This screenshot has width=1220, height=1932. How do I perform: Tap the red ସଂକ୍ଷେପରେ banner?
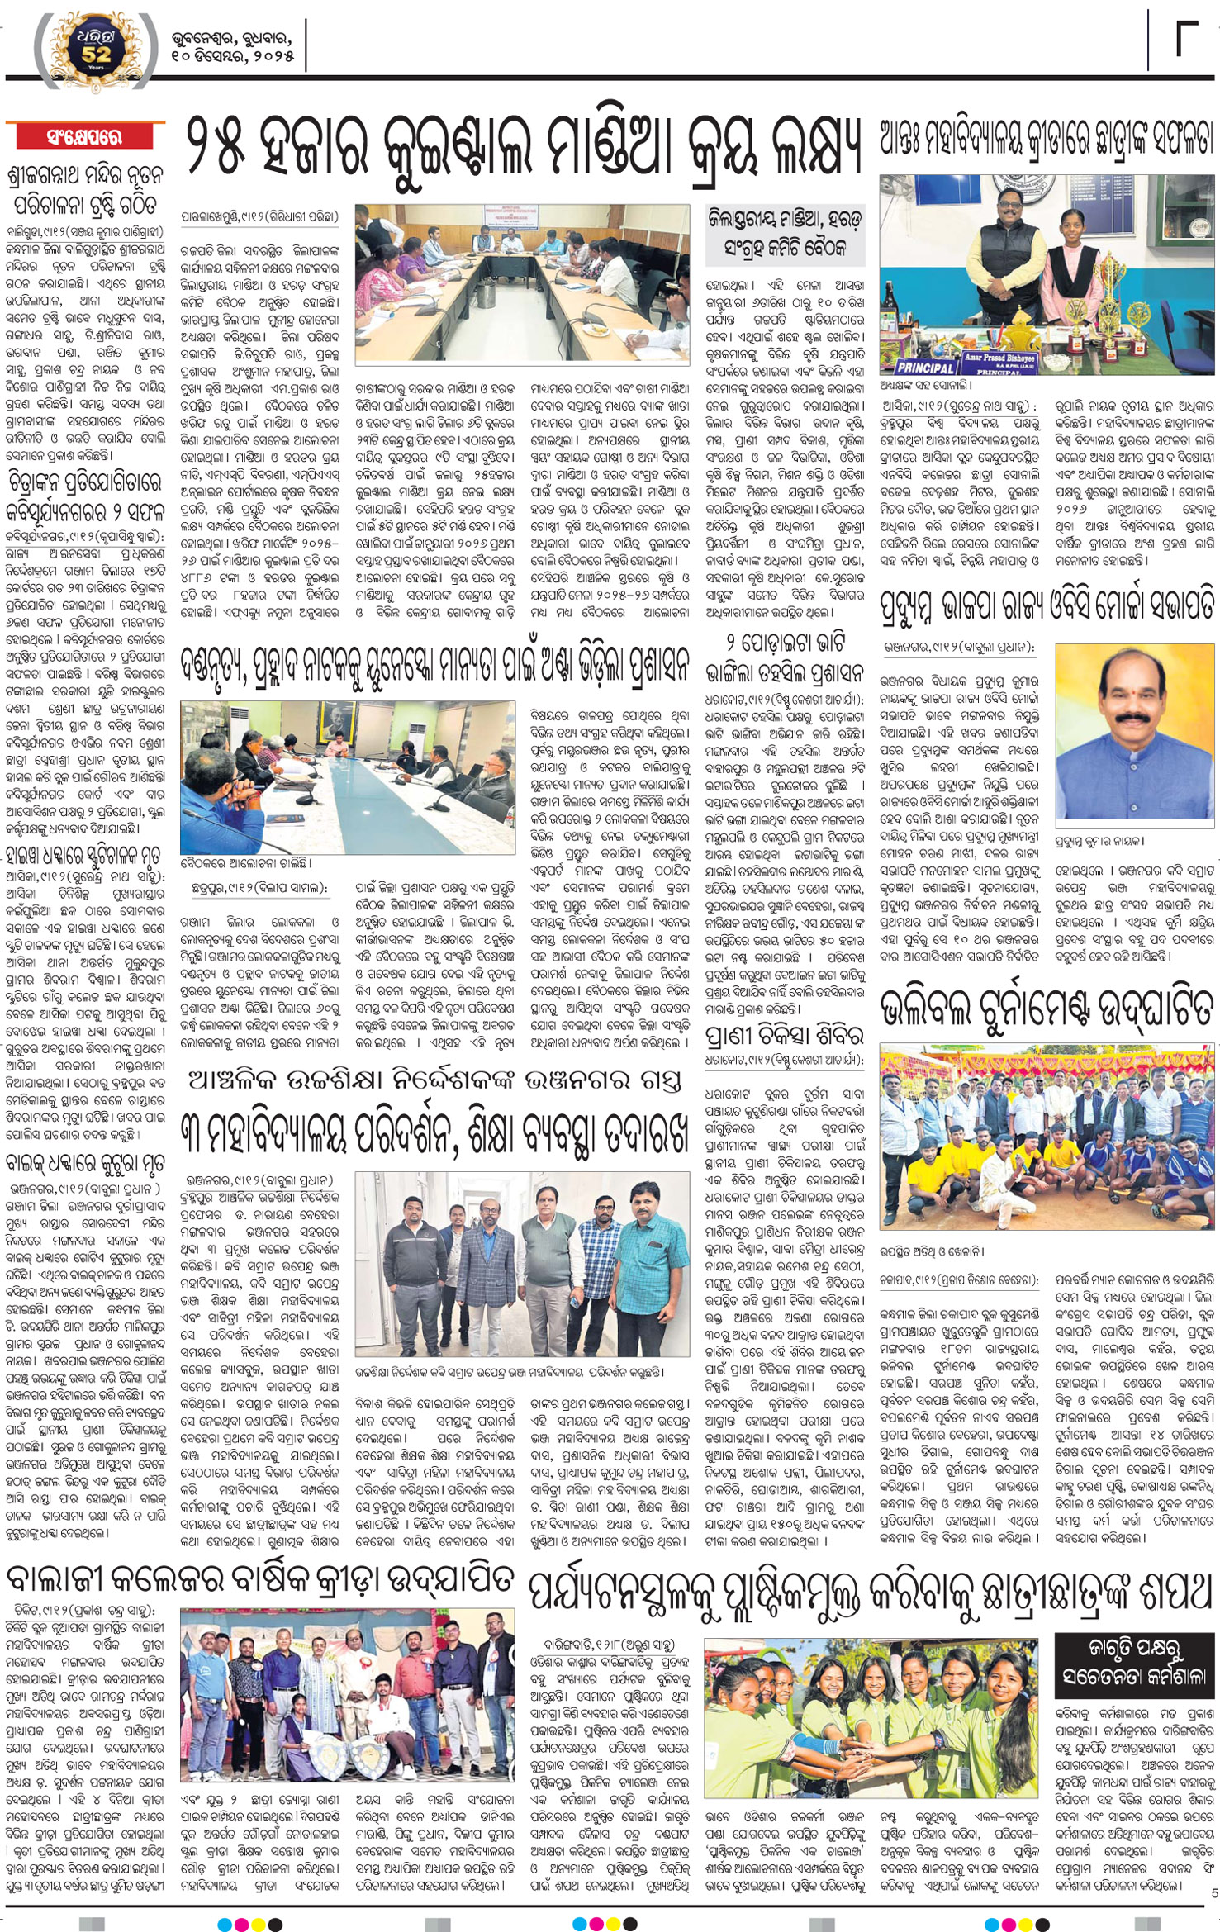point(85,137)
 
